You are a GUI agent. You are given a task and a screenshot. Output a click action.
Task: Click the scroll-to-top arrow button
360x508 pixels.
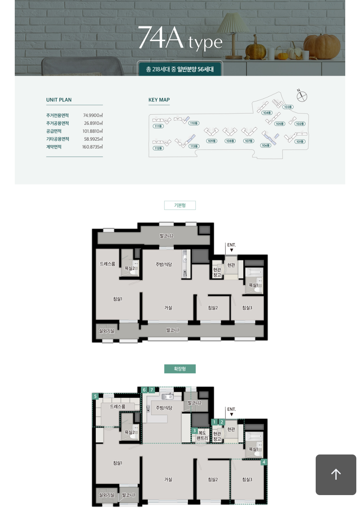(x=336, y=474)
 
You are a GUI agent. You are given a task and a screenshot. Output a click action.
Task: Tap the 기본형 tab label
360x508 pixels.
(x=180, y=205)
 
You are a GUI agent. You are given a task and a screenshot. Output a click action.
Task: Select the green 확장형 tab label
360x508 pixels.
(x=180, y=368)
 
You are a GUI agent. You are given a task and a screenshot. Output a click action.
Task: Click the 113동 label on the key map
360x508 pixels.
(x=194, y=146)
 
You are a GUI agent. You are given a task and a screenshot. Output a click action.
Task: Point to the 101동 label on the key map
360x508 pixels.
(x=300, y=141)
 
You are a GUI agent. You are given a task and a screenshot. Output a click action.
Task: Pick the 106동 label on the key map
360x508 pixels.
(x=266, y=145)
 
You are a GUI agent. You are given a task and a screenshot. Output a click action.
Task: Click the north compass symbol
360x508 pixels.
(x=302, y=96)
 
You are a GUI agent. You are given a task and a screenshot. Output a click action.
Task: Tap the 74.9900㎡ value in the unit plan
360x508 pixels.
(x=93, y=115)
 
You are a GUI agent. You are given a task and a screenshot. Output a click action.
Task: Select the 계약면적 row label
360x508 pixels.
(x=54, y=147)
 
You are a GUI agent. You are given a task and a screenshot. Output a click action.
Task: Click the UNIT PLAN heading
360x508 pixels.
(x=59, y=100)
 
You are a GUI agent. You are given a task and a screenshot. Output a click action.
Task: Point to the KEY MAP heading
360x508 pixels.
(x=159, y=100)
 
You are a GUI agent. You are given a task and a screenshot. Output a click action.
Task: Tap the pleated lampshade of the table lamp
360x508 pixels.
(x=233, y=23)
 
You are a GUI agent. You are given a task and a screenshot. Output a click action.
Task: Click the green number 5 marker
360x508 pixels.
(x=95, y=396)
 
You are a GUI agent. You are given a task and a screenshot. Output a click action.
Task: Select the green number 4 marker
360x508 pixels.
(x=264, y=462)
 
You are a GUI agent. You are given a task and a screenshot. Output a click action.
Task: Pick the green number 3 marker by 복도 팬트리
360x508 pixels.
(x=194, y=431)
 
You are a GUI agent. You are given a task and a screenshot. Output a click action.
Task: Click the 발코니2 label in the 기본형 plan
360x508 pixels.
(x=166, y=236)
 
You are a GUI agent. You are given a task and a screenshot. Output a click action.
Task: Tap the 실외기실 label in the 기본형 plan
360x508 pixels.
(x=106, y=331)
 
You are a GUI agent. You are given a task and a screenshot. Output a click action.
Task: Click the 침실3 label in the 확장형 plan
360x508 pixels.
(x=247, y=479)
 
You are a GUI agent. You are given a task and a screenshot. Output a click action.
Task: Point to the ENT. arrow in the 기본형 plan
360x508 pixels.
(x=231, y=250)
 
